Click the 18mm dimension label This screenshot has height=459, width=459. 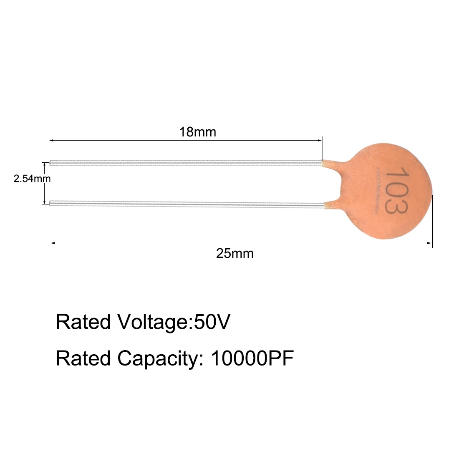click(x=198, y=132)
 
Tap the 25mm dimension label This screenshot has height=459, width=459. click(x=235, y=253)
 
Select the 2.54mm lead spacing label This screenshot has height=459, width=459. click(x=32, y=179)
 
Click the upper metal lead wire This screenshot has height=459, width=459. click(x=186, y=162)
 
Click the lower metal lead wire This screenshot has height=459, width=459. click(x=186, y=204)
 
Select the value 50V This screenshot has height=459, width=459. click(x=212, y=322)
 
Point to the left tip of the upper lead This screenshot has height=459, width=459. click(x=51, y=163)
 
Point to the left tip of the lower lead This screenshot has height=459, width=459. click(x=51, y=203)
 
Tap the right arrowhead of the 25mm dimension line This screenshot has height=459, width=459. click(x=430, y=243)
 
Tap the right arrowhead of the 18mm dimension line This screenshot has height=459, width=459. click(x=320, y=141)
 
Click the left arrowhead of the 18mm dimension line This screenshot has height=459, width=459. click(x=51, y=141)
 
